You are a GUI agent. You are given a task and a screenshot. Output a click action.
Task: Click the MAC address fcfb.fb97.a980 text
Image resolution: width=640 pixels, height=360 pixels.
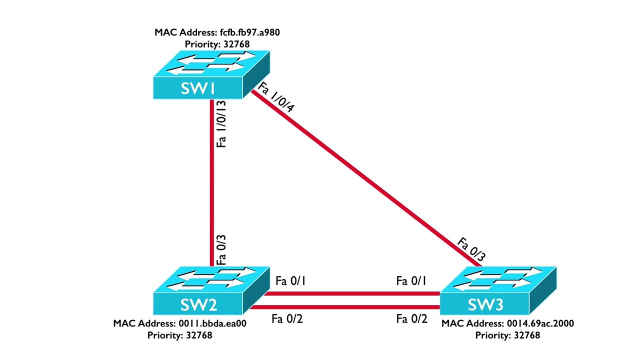(x=217, y=33)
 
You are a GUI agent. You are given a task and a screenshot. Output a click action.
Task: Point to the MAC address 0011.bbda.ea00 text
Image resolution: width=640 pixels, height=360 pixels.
(x=180, y=323)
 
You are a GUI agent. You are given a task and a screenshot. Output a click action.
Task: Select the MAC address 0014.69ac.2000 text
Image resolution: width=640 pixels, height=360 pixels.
(x=507, y=323)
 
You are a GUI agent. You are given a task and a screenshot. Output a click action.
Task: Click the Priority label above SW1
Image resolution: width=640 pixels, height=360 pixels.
(x=217, y=44)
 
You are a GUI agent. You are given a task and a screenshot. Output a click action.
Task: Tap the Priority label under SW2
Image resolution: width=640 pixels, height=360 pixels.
(x=179, y=335)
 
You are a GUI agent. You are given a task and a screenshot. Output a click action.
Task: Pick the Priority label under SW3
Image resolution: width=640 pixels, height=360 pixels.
(x=507, y=335)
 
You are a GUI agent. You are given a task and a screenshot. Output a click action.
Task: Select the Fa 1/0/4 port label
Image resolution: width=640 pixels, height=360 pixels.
(x=276, y=100)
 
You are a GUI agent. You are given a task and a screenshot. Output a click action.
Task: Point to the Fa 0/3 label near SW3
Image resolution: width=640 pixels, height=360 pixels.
(x=471, y=250)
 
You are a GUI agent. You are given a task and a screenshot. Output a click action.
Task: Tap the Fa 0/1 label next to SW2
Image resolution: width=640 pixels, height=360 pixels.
(x=290, y=281)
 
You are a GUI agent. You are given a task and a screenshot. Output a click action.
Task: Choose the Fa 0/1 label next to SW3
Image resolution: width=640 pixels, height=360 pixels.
(x=411, y=281)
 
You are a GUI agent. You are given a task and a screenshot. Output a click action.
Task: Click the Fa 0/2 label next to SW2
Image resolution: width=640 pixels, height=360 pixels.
(x=287, y=318)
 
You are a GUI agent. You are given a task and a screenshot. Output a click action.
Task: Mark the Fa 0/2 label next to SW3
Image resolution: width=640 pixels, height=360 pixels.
(x=412, y=318)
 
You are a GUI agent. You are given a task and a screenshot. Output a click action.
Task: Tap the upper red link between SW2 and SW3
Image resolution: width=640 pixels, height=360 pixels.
(x=350, y=293)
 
